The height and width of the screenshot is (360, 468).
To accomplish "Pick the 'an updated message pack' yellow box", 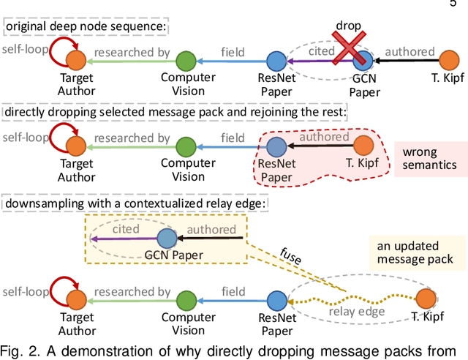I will coord(417,250).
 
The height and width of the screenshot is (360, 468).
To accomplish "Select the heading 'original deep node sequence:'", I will coord(86,29).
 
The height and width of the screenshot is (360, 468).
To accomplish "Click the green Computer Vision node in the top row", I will coord(188,61).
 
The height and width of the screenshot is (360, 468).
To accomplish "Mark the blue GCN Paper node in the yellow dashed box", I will coord(167,237).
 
